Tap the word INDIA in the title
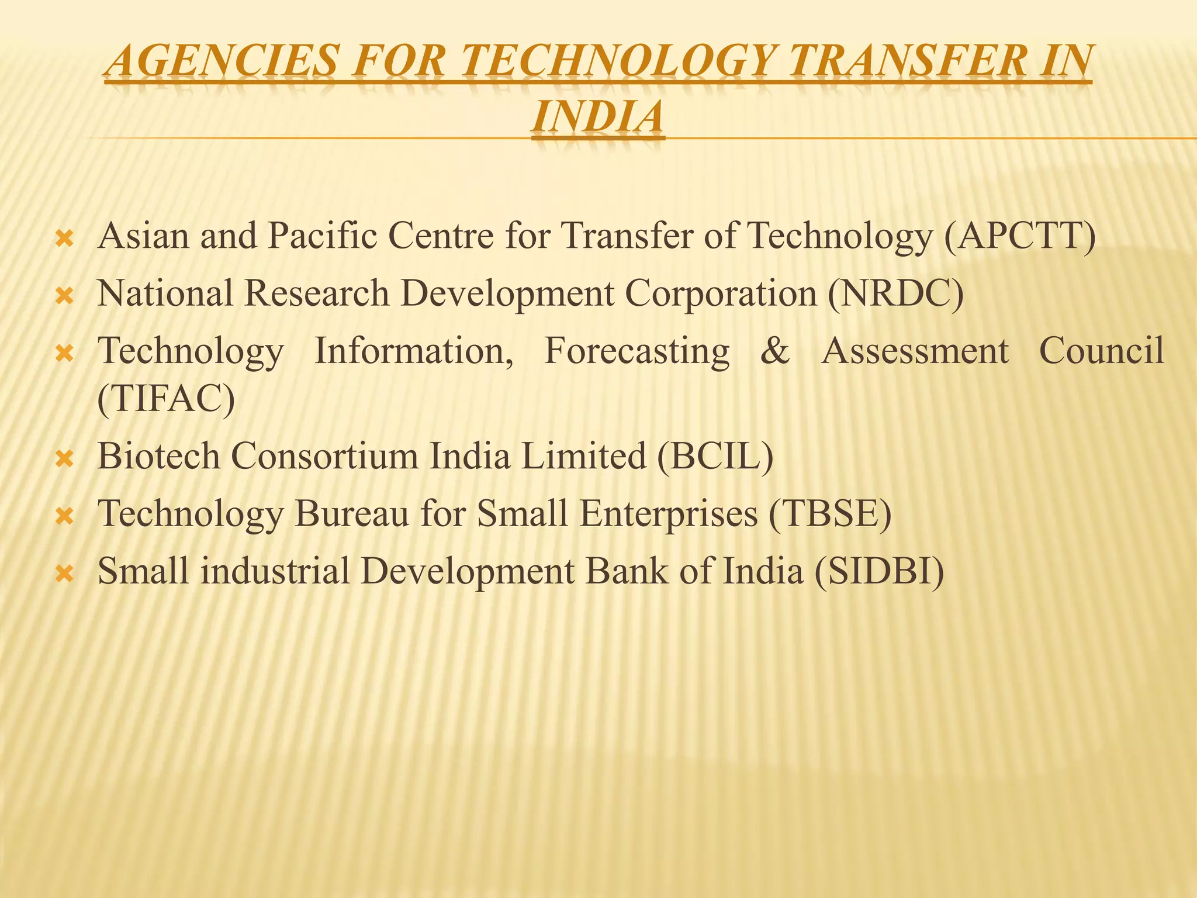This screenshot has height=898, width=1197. coord(597,117)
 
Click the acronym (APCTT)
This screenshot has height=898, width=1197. coord(1020,236)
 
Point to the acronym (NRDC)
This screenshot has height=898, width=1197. coord(895,293)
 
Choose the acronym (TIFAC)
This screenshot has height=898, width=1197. coord(167,400)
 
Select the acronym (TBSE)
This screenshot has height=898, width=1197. coord(830,513)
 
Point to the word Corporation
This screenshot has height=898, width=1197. coord(721,293)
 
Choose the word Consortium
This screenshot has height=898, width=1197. coord(325,456)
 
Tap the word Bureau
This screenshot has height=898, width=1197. coord(351,513)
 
